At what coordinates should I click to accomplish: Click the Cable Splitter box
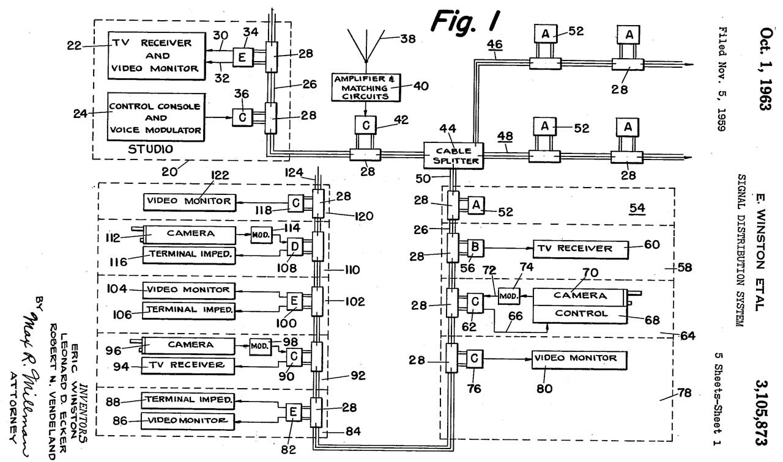tap(453, 156)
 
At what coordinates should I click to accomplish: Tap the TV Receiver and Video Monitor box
tap(156, 56)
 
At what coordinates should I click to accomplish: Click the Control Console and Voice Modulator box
tap(156, 118)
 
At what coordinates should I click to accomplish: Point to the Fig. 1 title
tap(466, 20)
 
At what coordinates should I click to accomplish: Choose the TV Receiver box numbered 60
tap(581, 249)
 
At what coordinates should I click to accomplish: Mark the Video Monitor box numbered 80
tap(581, 358)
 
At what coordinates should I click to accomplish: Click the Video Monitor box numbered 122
tap(190, 201)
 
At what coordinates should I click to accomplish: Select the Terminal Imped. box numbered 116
tap(190, 254)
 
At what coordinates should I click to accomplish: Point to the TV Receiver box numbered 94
tap(188, 365)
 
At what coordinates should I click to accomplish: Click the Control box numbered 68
tap(581, 313)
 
